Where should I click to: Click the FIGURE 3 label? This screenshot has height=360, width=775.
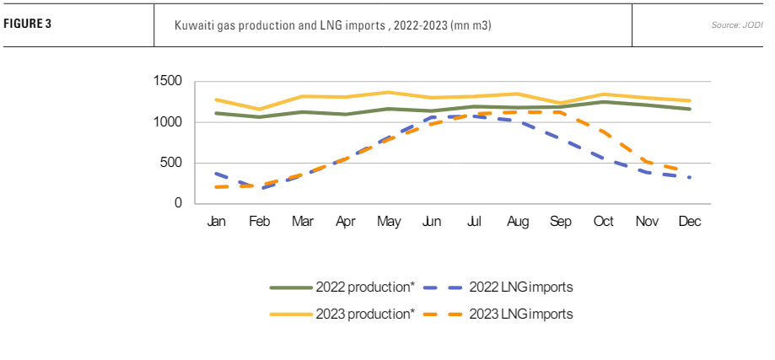[28, 23]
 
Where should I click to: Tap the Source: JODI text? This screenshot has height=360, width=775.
[736, 24]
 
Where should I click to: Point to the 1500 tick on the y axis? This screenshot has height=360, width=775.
[168, 82]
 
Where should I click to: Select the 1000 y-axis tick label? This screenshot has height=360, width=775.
[168, 122]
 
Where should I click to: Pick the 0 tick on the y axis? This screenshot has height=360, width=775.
[178, 203]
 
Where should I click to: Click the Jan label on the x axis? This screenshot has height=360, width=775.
[216, 221]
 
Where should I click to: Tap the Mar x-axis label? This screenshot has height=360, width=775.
[302, 221]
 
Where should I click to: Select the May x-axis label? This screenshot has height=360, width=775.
[388, 221]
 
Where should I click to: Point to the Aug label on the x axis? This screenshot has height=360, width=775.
[517, 221]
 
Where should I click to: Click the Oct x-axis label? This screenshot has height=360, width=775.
[603, 221]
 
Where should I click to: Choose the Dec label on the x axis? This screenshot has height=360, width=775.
[689, 221]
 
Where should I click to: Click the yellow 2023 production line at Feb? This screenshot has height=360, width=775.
[259, 110]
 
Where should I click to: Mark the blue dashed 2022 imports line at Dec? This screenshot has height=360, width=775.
[689, 177]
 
